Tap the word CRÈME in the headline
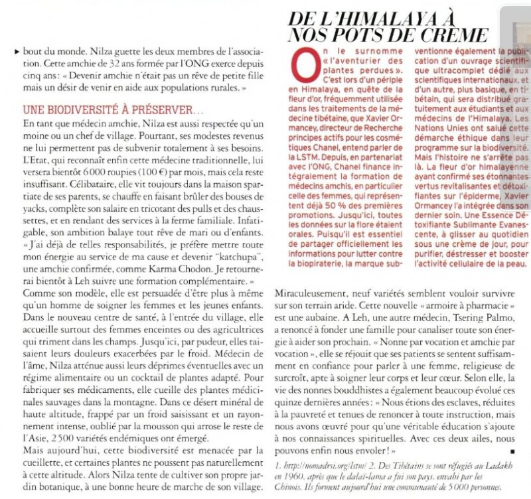tap(457, 35)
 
